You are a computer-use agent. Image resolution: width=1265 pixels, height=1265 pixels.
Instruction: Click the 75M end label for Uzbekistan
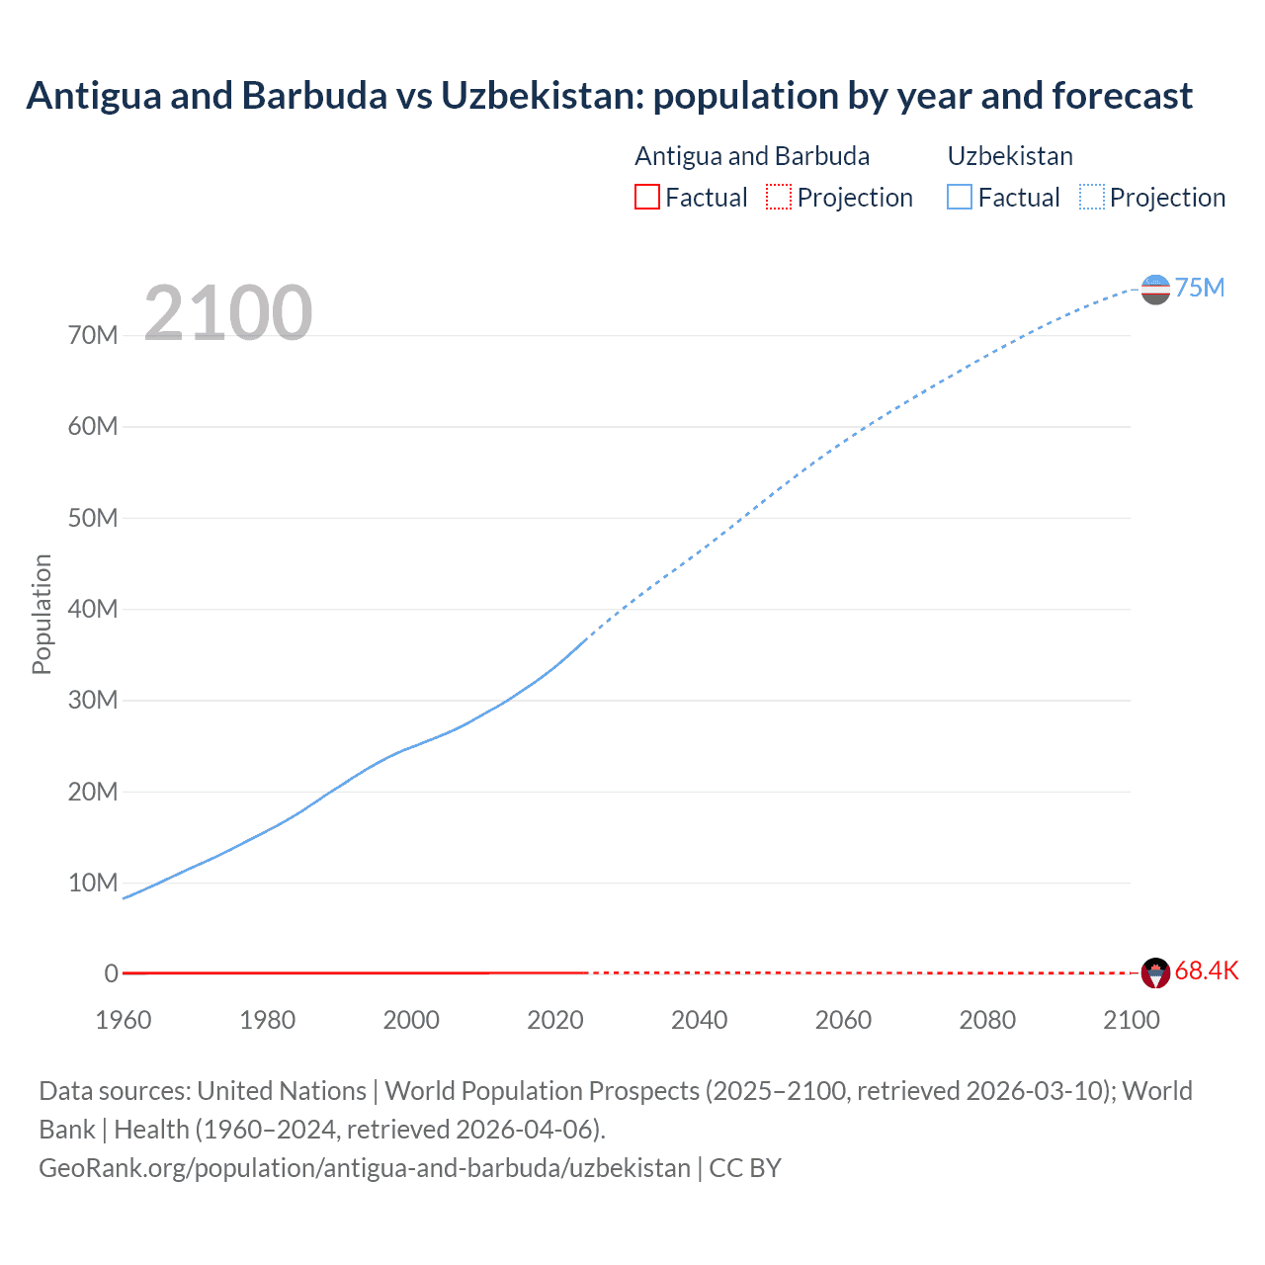click(x=1199, y=288)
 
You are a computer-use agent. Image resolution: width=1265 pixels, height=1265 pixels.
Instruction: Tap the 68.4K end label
click(x=1206, y=970)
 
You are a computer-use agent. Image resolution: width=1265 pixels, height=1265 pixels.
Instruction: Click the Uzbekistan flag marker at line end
click(x=1155, y=290)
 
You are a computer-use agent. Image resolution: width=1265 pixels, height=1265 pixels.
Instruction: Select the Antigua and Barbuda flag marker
click(x=1155, y=972)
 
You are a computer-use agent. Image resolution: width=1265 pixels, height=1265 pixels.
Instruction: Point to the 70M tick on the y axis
click(x=93, y=335)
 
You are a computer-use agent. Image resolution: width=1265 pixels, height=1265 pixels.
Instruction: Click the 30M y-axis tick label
click(x=93, y=700)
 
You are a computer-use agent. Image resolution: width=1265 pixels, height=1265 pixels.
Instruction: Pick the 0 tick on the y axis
click(x=111, y=973)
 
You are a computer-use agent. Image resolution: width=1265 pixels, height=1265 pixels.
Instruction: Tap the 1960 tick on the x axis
click(x=124, y=1020)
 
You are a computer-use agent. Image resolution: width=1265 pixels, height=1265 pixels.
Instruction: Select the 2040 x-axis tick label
click(x=699, y=1020)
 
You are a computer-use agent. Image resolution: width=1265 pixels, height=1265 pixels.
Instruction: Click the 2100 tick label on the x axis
click(x=1131, y=1020)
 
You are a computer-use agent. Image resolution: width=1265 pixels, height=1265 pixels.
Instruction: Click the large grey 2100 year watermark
click(x=228, y=313)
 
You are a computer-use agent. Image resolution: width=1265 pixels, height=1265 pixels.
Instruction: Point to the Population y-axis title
click(x=42, y=614)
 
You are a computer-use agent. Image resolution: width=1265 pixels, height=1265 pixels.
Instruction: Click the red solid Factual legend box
click(x=647, y=197)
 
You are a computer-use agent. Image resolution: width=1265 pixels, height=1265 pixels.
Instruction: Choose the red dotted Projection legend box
click(x=779, y=197)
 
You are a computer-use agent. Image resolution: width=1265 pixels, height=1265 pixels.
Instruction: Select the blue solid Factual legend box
click(x=960, y=197)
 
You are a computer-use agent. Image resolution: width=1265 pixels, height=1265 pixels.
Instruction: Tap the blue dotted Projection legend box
click(x=1092, y=197)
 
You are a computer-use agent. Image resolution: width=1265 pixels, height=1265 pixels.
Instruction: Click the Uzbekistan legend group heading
click(x=1010, y=156)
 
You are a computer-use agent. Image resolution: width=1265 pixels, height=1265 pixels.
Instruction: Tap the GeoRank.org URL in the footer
click(x=365, y=1167)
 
